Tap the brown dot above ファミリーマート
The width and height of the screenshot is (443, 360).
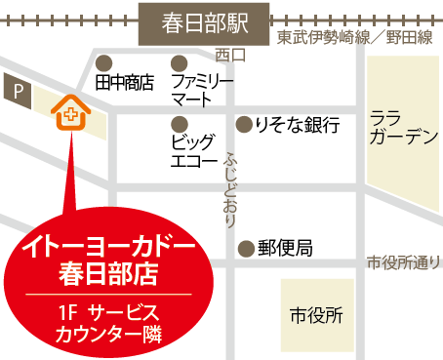[178, 60]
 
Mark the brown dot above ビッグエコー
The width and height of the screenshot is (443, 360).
[178, 124]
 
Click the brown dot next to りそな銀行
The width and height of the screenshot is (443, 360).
[244, 124]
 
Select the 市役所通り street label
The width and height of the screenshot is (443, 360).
[404, 263]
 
